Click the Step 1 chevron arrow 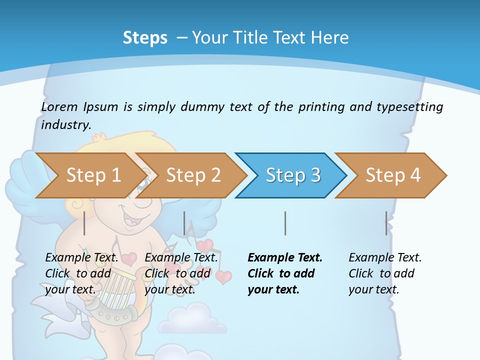click(x=90, y=175)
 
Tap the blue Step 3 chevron click(x=292, y=175)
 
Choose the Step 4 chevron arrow click(x=392, y=175)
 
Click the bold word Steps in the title click(x=145, y=38)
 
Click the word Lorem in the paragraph click(x=59, y=107)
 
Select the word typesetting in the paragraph click(x=409, y=107)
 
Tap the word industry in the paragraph click(x=66, y=125)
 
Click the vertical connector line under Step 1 click(x=84, y=223)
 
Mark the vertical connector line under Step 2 click(x=184, y=223)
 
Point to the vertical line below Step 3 click(x=285, y=223)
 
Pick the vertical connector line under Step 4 click(x=386, y=223)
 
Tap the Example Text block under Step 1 click(x=81, y=273)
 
